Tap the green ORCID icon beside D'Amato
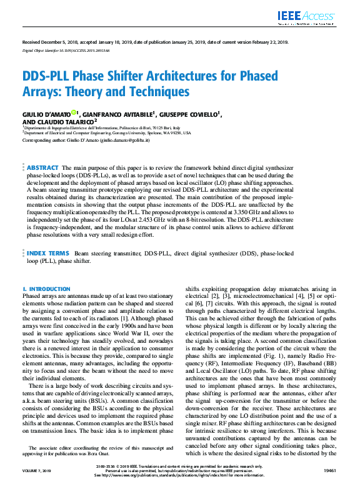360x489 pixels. pos(73,112)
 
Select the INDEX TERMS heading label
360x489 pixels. pos(47,253)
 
